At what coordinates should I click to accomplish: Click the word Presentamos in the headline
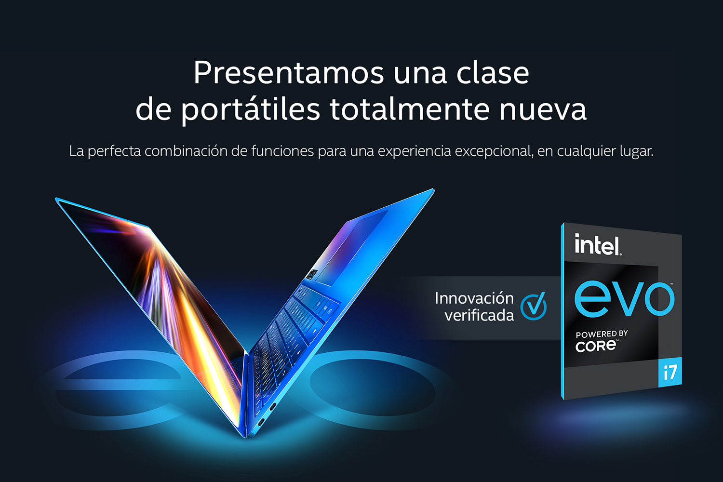coord(289,73)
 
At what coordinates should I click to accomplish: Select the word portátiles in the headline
coord(250,110)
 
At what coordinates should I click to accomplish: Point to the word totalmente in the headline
coord(409,109)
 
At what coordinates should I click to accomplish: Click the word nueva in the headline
coord(543,112)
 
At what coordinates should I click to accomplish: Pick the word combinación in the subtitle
coord(186,151)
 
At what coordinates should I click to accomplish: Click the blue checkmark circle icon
coord(534,306)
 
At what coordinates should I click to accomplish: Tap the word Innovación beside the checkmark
coord(474,298)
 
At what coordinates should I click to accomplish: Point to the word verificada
coord(479,315)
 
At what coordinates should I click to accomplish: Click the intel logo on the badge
coord(598,244)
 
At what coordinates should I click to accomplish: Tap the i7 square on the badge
coord(670,372)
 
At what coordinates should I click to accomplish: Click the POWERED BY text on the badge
coord(602,334)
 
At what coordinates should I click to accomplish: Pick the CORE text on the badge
coord(596,346)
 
